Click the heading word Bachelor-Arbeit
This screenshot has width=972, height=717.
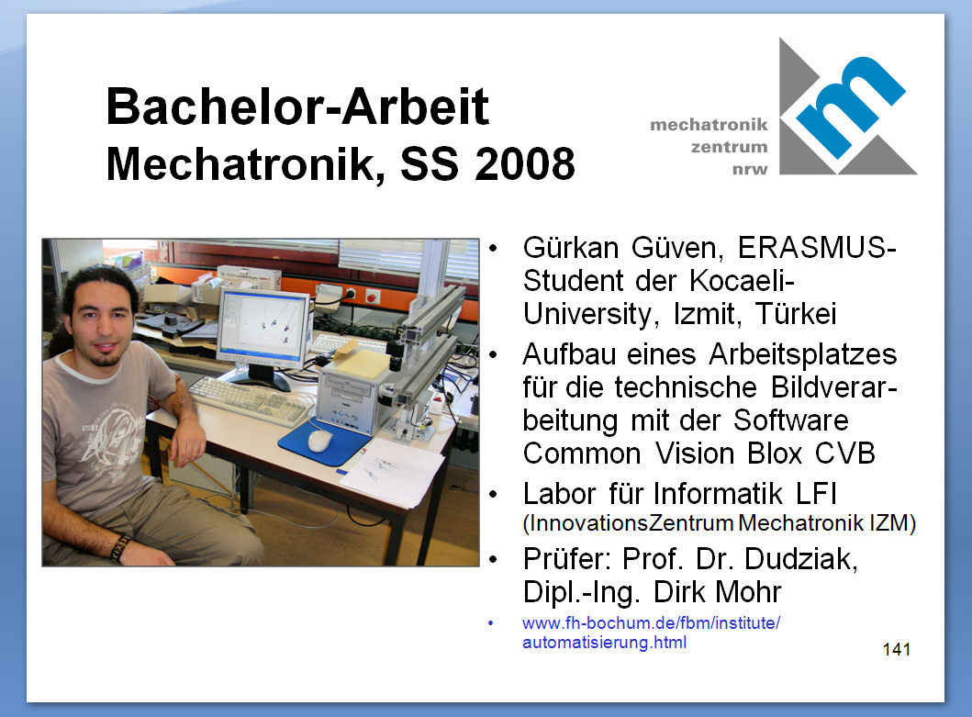tap(297, 106)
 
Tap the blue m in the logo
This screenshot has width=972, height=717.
tap(849, 106)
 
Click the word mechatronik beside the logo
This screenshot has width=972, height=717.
tap(709, 125)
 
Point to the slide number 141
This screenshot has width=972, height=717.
tap(897, 649)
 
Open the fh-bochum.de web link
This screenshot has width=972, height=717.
tap(651, 632)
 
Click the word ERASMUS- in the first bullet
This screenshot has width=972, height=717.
tap(816, 248)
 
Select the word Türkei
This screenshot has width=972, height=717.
tap(796, 314)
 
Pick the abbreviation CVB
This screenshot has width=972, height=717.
tap(844, 454)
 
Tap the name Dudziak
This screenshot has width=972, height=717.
tap(801, 559)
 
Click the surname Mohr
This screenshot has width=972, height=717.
tap(748, 592)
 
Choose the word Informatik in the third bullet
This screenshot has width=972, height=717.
tap(718, 494)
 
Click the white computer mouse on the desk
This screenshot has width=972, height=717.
tap(319, 441)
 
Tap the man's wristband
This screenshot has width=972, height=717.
tap(120, 547)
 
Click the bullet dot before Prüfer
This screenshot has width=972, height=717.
tap(493, 559)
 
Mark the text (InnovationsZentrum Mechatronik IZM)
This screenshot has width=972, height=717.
tap(719, 523)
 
